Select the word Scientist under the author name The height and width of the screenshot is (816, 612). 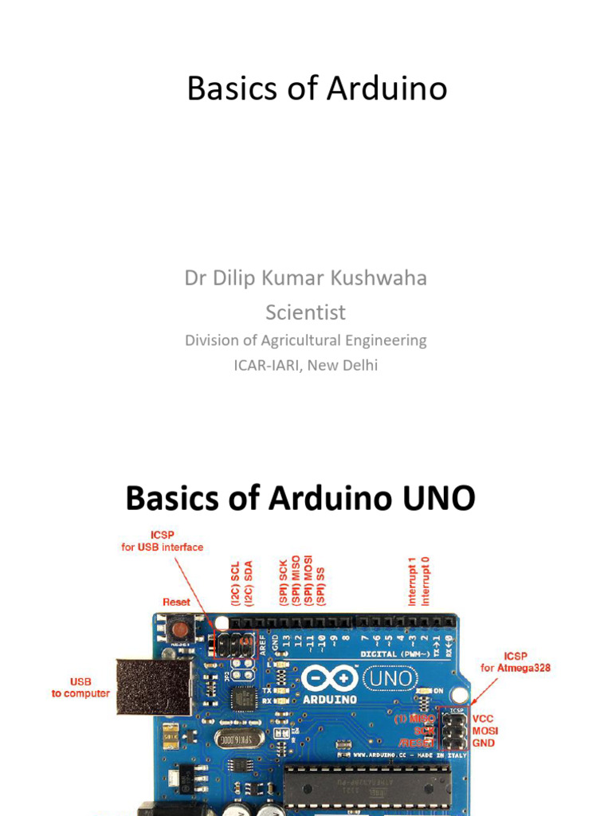pyautogui.click(x=306, y=312)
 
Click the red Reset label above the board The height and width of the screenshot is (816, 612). pyautogui.click(x=176, y=602)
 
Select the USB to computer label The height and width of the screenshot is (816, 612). pyautogui.click(x=80, y=688)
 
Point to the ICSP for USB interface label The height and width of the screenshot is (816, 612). pyautogui.click(x=162, y=541)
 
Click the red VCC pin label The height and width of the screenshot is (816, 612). pyautogui.click(x=483, y=718)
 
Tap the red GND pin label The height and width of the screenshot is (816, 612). pyautogui.click(x=483, y=743)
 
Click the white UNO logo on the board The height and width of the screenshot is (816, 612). pyautogui.click(x=390, y=678)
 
